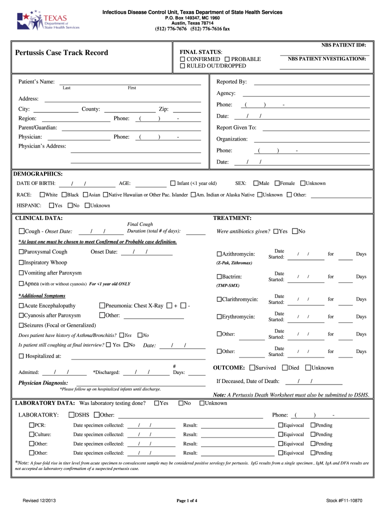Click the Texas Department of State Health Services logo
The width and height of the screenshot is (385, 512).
(x=47, y=21)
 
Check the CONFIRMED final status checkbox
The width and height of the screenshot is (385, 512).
(x=182, y=59)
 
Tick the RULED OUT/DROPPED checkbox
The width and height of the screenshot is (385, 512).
(x=182, y=66)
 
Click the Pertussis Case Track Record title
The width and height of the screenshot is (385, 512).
(x=61, y=52)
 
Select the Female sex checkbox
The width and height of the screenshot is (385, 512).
(x=277, y=183)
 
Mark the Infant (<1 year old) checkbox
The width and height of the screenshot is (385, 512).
(x=173, y=183)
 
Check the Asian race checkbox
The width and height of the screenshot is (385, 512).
(x=85, y=195)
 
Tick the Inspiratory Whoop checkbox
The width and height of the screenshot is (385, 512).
(x=21, y=262)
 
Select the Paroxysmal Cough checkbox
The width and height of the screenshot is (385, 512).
(x=21, y=252)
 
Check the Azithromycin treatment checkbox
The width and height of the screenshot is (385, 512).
(x=219, y=254)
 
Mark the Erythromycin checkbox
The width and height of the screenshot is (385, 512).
(x=219, y=316)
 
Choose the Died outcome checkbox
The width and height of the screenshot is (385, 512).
(x=284, y=368)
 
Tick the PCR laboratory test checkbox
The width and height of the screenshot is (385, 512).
(x=31, y=425)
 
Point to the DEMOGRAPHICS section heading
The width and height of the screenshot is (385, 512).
(x=37, y=174)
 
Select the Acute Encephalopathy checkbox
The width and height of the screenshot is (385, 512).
(x=21, y=305)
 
